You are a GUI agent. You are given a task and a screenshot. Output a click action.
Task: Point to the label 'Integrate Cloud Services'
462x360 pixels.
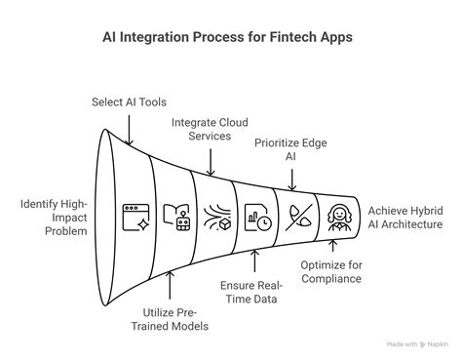click(209, 131)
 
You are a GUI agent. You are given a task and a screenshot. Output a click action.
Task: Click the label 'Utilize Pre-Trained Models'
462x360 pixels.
click(172, 318)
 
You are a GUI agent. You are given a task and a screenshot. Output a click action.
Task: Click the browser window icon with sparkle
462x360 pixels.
click(133, 217)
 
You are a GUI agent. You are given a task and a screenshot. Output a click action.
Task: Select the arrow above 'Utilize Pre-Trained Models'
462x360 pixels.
click(172, 288)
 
